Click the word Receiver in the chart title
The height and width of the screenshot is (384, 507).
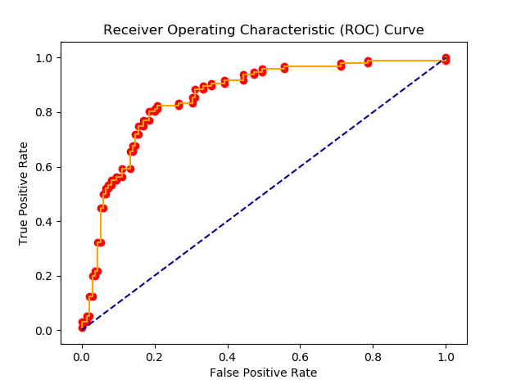pyautogui.click(x=129, y=30)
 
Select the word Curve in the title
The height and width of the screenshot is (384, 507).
pyautogui.click(x=406, y=30)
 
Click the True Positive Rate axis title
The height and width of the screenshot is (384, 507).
pyautogui.click(x=24, y=194)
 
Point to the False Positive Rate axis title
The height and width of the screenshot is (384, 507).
pyautogui.click(x=263, y=373)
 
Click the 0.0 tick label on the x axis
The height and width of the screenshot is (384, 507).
pyautogui.click(x=81, y=357)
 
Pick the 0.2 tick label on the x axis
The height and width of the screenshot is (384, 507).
pyautogui.click(x=154, y=357)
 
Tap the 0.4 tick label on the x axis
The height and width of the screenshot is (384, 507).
pyautogui.click(x=227, y=357)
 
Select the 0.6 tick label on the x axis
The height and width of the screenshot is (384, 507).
pyautogui.click(x=300, y=357)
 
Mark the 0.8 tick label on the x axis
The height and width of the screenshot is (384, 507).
pyautogui.click(x=373, y=357)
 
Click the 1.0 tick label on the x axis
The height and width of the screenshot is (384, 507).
pyautogui.click(x=446, y=357)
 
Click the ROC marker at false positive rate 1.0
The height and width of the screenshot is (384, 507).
pyautogui.click(x=446, y=59)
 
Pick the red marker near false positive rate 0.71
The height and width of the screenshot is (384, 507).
pyautogui.click(x=341, y=65)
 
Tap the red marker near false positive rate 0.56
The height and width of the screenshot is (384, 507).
pyautogui.click(x=284, y=67)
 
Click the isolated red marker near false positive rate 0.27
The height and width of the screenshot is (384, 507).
pyautogui.click(x=179, y=105)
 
